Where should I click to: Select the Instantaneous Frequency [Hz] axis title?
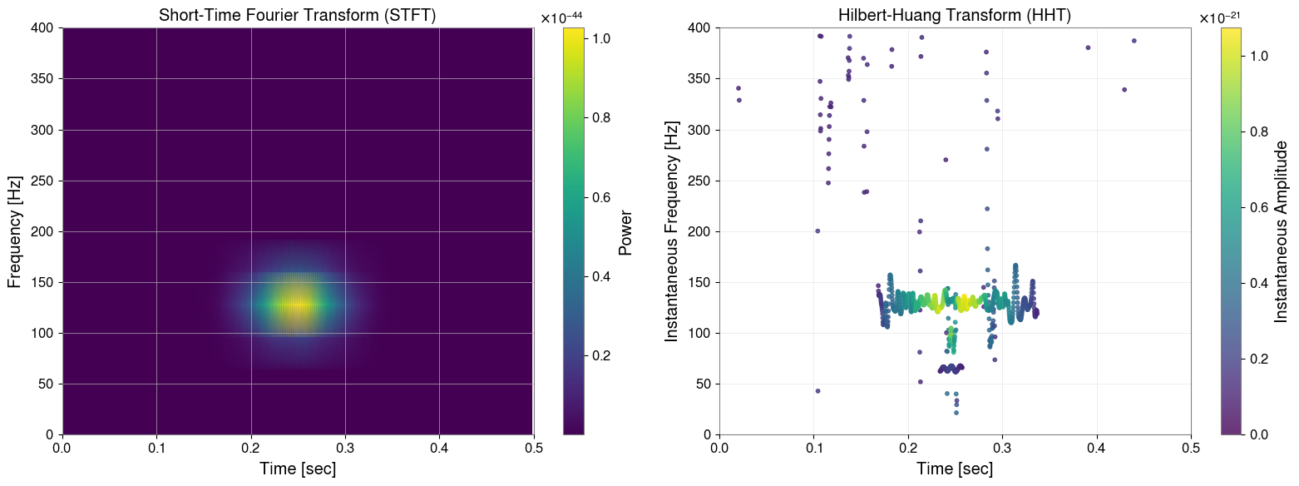(x=672, y=231)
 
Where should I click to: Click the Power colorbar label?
(x=626, y=231)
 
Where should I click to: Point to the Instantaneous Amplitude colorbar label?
(x=1282, y=231)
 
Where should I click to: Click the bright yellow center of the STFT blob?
(x=297, y=305)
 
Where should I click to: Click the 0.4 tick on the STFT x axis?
(x=439, y=447)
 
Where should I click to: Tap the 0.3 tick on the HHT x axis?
(x=1002, y=447)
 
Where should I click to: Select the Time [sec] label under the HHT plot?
(x=955, y=469)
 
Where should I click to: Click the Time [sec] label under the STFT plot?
(x=298, y=469)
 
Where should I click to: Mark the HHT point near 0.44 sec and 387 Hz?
(x=1134, y=41)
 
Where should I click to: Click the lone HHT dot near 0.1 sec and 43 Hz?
(x=817, y=391)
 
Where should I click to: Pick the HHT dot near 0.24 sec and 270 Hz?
(x=946, y=160)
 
